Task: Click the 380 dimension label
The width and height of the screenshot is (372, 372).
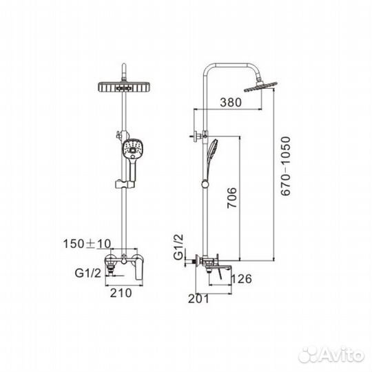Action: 231,102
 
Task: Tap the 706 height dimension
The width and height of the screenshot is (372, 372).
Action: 232,198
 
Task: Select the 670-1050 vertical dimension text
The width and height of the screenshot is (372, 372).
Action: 285,166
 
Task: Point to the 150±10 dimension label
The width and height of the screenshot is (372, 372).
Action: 87,244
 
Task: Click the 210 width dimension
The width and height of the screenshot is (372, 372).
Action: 121,293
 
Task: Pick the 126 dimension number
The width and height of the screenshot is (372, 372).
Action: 241,279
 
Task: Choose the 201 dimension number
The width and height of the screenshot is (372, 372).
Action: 198,299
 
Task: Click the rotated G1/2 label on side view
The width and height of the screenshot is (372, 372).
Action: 178,247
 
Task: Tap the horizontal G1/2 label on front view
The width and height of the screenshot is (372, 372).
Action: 87,273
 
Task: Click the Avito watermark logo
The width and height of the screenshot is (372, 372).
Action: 331,355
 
